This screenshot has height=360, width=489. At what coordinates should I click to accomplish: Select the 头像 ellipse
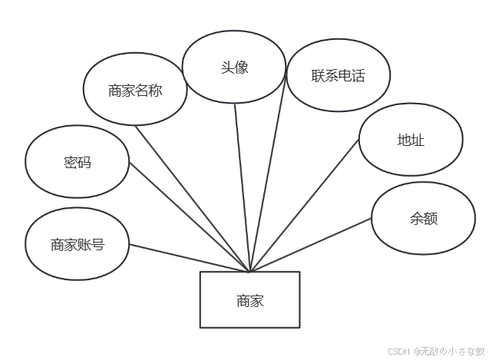(234, 67)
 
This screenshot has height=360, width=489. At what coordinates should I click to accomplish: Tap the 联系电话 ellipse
(338, 75)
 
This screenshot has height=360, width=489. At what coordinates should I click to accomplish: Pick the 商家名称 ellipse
(135, 90)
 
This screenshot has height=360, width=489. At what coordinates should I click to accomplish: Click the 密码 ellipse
(77, 163)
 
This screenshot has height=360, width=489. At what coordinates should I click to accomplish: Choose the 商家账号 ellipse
(77, 245)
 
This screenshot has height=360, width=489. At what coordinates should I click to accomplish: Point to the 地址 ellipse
(411, 140)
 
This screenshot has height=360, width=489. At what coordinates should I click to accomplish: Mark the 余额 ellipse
(423, 218)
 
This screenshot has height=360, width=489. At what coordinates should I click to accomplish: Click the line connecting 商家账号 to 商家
(190, 258)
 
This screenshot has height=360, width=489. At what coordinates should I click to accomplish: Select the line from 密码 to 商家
(190, 216)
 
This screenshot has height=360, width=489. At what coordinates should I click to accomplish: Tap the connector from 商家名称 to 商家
(192, 197)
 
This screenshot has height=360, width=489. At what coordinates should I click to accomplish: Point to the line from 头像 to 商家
(242, 187)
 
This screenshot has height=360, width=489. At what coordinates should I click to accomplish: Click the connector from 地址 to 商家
(305, 204)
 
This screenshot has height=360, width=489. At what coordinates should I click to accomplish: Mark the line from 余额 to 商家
(311, 245)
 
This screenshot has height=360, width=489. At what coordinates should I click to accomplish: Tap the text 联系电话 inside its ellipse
(338, 75)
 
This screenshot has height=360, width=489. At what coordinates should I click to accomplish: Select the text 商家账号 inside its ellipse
(77, 245)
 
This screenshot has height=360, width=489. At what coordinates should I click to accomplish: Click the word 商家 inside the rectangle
(249, 301)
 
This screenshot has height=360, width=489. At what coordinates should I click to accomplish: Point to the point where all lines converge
(249, 271)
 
